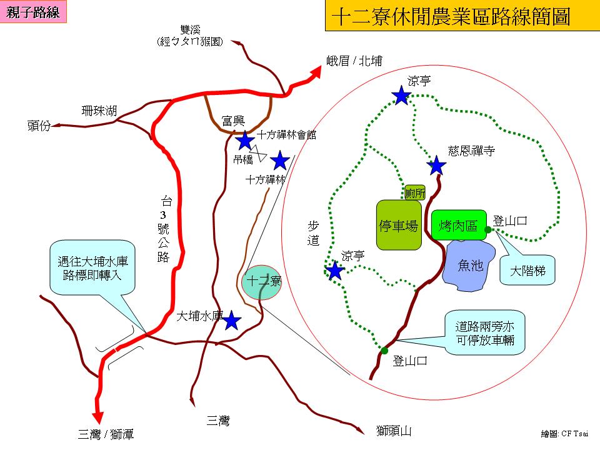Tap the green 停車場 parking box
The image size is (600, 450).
pos(398,225)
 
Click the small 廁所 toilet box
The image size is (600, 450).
pos(415,192)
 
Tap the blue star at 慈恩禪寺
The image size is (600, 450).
pos(436,166)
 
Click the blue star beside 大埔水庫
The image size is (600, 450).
pos(232,321)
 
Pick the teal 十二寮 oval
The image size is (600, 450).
pos(261,281)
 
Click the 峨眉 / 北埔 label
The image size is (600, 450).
pos(354,61)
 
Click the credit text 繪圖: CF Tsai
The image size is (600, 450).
pos(565,433)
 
